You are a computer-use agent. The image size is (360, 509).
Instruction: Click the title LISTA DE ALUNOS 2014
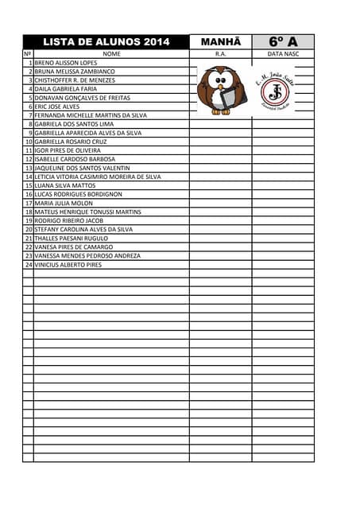pyautogui.click(x=106, y=42)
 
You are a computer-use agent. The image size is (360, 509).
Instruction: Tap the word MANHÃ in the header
pyautogui.click(x=220, y=42)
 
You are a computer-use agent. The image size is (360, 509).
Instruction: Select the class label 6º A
pyautogui.click(x=283, y=42)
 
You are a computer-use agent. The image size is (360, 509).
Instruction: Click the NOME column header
pyautogui.click(x=111, y=54)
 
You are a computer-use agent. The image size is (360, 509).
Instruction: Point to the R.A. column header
pyautogui.click(x=221, y=54)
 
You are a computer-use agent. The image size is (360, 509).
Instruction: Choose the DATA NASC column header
pyautogui.click(x=283, y=54)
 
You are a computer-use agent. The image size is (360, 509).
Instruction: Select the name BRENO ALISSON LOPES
pyautogui.click(x=65, y=63)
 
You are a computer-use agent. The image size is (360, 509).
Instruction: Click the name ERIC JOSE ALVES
pyautogui.click(x=57, y=107)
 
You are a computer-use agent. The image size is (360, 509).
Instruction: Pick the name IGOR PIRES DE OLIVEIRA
pyautogui.click(x=68, y=150)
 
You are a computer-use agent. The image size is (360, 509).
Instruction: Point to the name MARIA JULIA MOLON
pyautogui.click(x=64, y=203)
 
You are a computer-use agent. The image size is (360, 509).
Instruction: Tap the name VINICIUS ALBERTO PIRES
pyautogui.click(x=68, y=265)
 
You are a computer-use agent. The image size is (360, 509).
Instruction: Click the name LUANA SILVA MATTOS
pyautogui.click(x=65, y=185)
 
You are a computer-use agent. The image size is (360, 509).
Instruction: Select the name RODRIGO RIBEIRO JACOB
pyautogui.click(x=69, y=220)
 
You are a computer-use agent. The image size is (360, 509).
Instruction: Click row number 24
pyautogui.click(x=29, y=265)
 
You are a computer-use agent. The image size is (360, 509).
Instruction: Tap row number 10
pyautogui.click(x=29, y=142)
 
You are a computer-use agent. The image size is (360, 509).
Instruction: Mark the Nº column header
pyautogui.click(x=28, y=54)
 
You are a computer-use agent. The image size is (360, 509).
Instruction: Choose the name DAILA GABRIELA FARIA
pyautogui.click(x=65, y=89)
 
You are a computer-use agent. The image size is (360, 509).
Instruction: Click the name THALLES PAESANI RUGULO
pyautogui.click(x=72, y=238)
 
